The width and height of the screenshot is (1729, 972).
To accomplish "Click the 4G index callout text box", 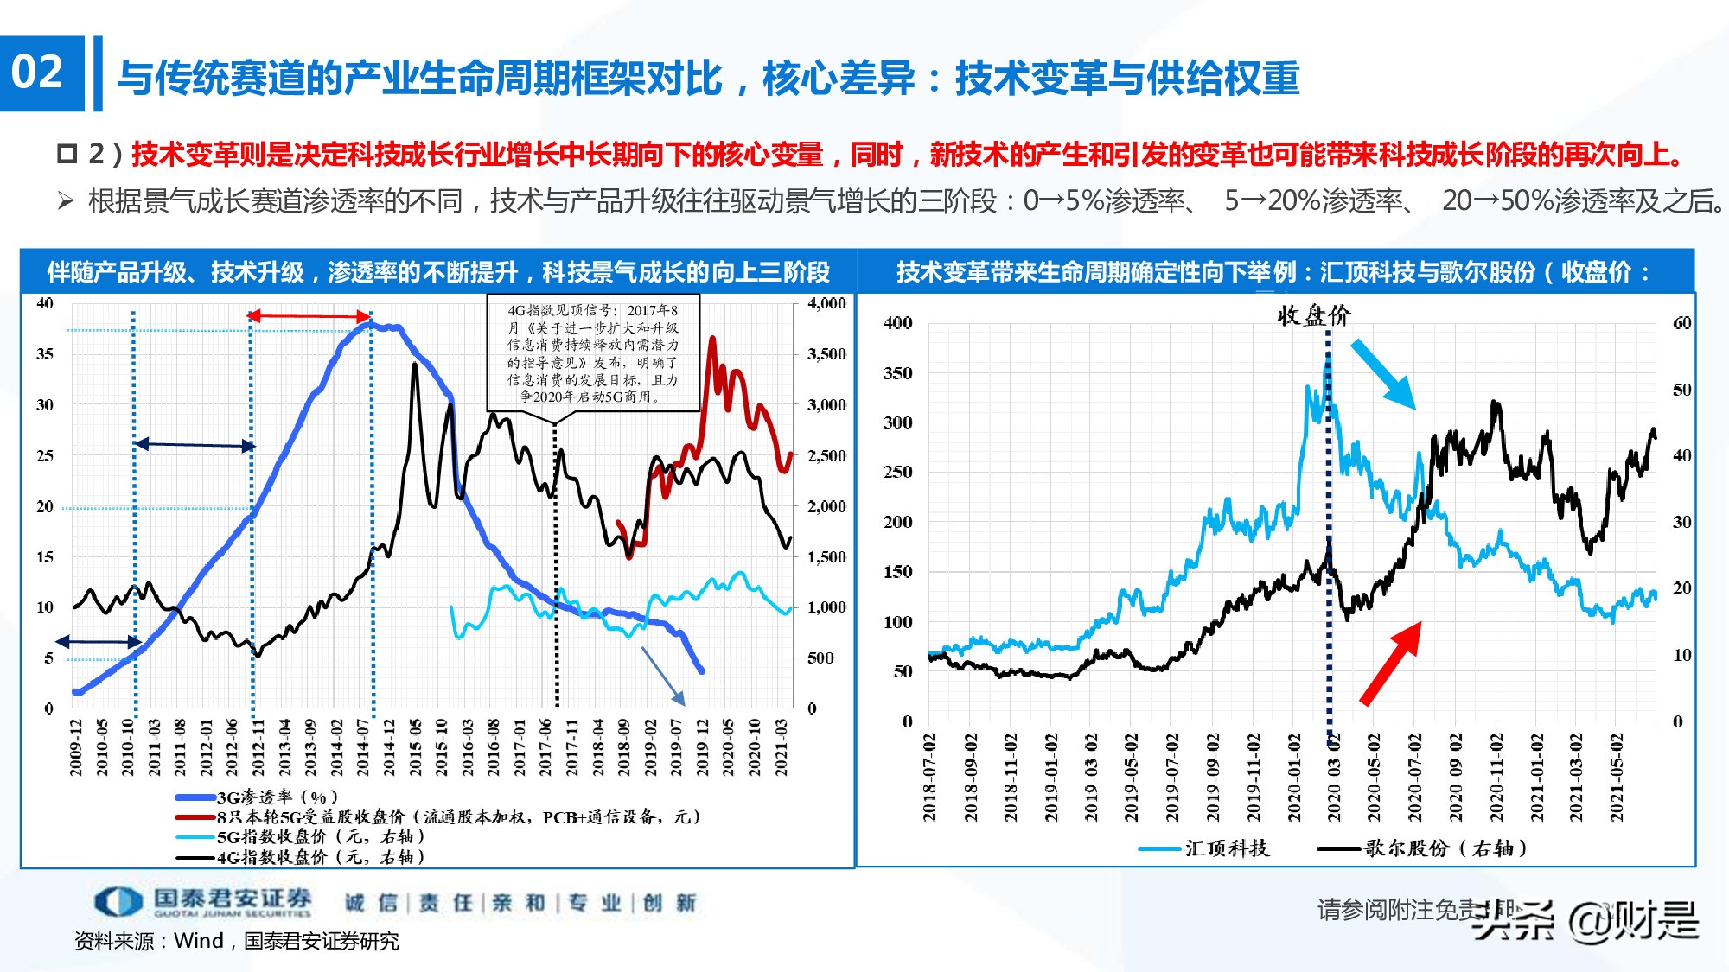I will click(592, 353).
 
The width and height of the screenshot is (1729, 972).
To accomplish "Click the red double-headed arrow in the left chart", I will click(309, 316).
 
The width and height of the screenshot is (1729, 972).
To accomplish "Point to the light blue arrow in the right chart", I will click(1383, 373).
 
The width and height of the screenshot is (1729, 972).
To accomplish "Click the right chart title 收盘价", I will click(1314, 315).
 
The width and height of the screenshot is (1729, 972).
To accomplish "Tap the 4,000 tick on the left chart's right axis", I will click(826, 303).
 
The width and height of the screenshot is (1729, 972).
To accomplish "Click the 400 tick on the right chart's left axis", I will click(897, 323).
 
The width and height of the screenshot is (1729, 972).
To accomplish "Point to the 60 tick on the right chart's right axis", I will click(1681, 323).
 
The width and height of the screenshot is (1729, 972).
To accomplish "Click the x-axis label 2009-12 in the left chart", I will click(76, 746).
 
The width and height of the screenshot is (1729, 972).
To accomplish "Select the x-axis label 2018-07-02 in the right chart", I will click(929, 778).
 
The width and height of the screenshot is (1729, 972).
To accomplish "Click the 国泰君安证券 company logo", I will click(203, 901).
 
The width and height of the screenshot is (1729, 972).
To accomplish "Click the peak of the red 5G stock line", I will click(712, 340).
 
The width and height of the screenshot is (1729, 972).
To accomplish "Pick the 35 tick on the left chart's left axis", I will click(44, 354).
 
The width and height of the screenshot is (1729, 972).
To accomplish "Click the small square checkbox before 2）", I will click(67, 154).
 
